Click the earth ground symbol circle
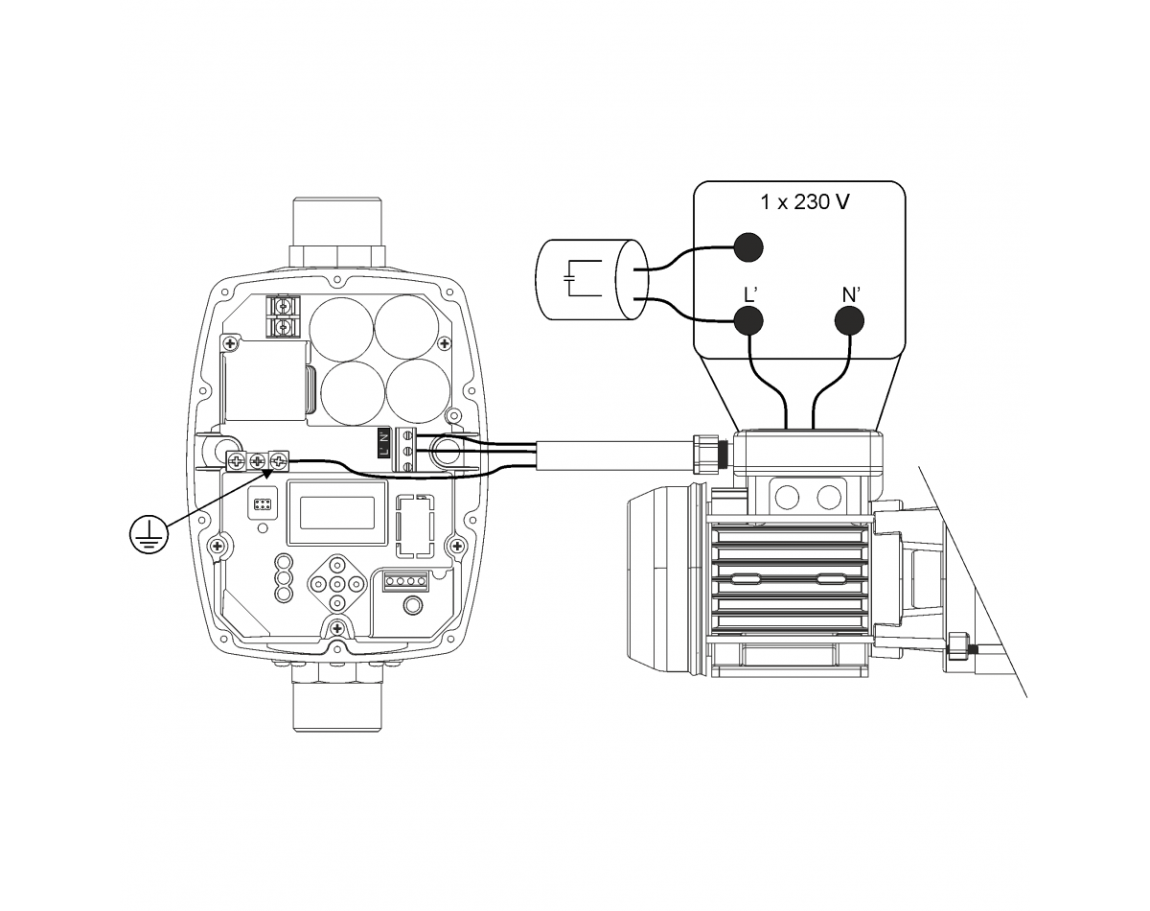pyautogui.click(x=149, y=534)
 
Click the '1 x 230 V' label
pyautogui.click(x=805, y=202)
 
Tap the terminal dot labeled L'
pyautogui.click(x=748, y=321)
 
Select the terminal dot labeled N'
pyautogui.click(x=849, y=321)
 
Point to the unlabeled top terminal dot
pyautogui.click(x=748, y=247)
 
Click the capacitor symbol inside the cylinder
pyautogui.click(x=583, y=278)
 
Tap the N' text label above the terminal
pyautogui.click(x=851, y=294)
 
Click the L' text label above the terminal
pyautogui.click(x=750, y=294)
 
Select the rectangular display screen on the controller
pyautogui.click(x=337, y=512)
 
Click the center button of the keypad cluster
pyautogui.click(x=336, y=583)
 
